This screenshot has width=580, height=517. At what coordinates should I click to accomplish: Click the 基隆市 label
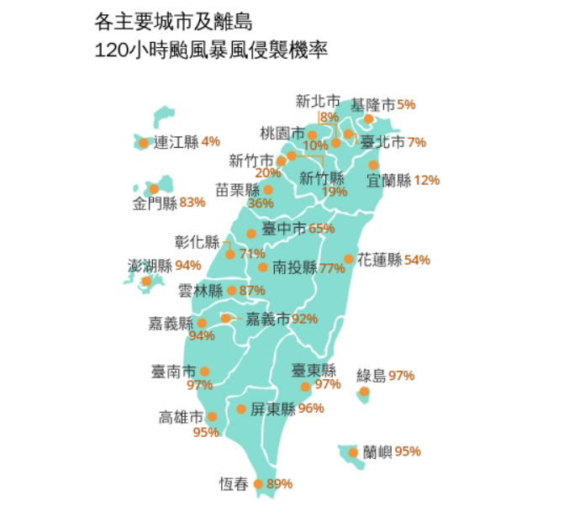372,105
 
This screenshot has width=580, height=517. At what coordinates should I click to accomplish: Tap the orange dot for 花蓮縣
349,260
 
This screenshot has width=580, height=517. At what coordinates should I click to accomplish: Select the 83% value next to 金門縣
192,202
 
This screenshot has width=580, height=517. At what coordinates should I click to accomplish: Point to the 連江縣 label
176,142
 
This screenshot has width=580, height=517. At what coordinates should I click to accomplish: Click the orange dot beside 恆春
259,483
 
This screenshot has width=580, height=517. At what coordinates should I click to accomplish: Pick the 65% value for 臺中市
322,228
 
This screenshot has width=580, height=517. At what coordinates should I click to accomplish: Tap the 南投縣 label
294,268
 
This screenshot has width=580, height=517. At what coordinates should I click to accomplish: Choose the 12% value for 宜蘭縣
427,180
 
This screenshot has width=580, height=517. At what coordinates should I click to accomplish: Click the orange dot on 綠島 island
364,392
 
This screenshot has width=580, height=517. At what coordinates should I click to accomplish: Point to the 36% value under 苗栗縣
261,203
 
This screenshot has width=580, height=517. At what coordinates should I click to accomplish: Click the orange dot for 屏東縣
241,409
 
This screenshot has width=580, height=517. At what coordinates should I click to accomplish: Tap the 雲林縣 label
201,291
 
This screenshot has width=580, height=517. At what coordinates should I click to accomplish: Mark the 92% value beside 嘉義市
304,319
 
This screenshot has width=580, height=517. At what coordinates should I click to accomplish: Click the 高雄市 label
182,417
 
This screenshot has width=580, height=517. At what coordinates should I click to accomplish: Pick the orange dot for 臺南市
204,371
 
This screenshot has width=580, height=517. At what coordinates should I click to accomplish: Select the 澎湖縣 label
149,266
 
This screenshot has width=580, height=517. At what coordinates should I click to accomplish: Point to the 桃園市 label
282,133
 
